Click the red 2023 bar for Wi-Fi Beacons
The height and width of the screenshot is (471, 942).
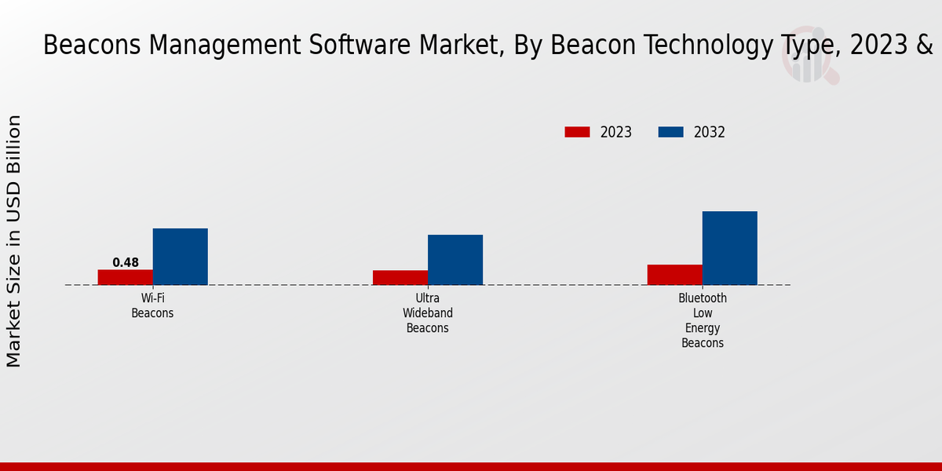(126, 277)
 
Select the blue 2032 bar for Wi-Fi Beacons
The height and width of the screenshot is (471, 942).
(180, 257)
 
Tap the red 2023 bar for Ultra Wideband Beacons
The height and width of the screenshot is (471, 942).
(400, 278)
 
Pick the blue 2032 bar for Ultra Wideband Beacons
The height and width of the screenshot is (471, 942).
(455, 260)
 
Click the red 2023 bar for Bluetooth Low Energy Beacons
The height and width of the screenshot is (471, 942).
(675, 275)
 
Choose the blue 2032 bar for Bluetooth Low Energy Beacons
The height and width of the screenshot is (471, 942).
(730, 248)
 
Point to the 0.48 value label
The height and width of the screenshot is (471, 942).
(126, 263)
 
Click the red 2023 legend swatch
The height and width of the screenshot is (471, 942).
(577, 132)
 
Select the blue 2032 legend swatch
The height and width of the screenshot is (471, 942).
(670, 132)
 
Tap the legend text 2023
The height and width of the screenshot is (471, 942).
(616, 132)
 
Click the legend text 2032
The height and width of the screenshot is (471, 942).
(710, 132)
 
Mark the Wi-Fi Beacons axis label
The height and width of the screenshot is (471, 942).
(152, 305)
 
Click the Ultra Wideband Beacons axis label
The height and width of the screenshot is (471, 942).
(428, 313)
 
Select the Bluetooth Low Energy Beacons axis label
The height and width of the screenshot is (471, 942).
(703, 320)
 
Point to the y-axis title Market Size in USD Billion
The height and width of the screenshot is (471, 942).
(14, 241)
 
